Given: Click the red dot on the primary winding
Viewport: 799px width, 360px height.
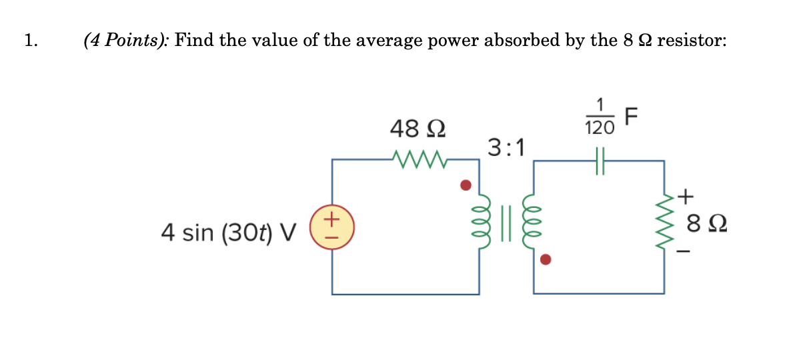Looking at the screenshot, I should point(467,184).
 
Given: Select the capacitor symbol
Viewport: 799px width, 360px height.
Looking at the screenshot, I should point(600,161).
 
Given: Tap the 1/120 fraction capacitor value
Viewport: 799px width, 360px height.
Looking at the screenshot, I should point(600,117).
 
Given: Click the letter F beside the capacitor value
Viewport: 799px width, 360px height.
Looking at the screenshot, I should point(632,117).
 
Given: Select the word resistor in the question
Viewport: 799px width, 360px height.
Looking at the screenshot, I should point(692,41).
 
